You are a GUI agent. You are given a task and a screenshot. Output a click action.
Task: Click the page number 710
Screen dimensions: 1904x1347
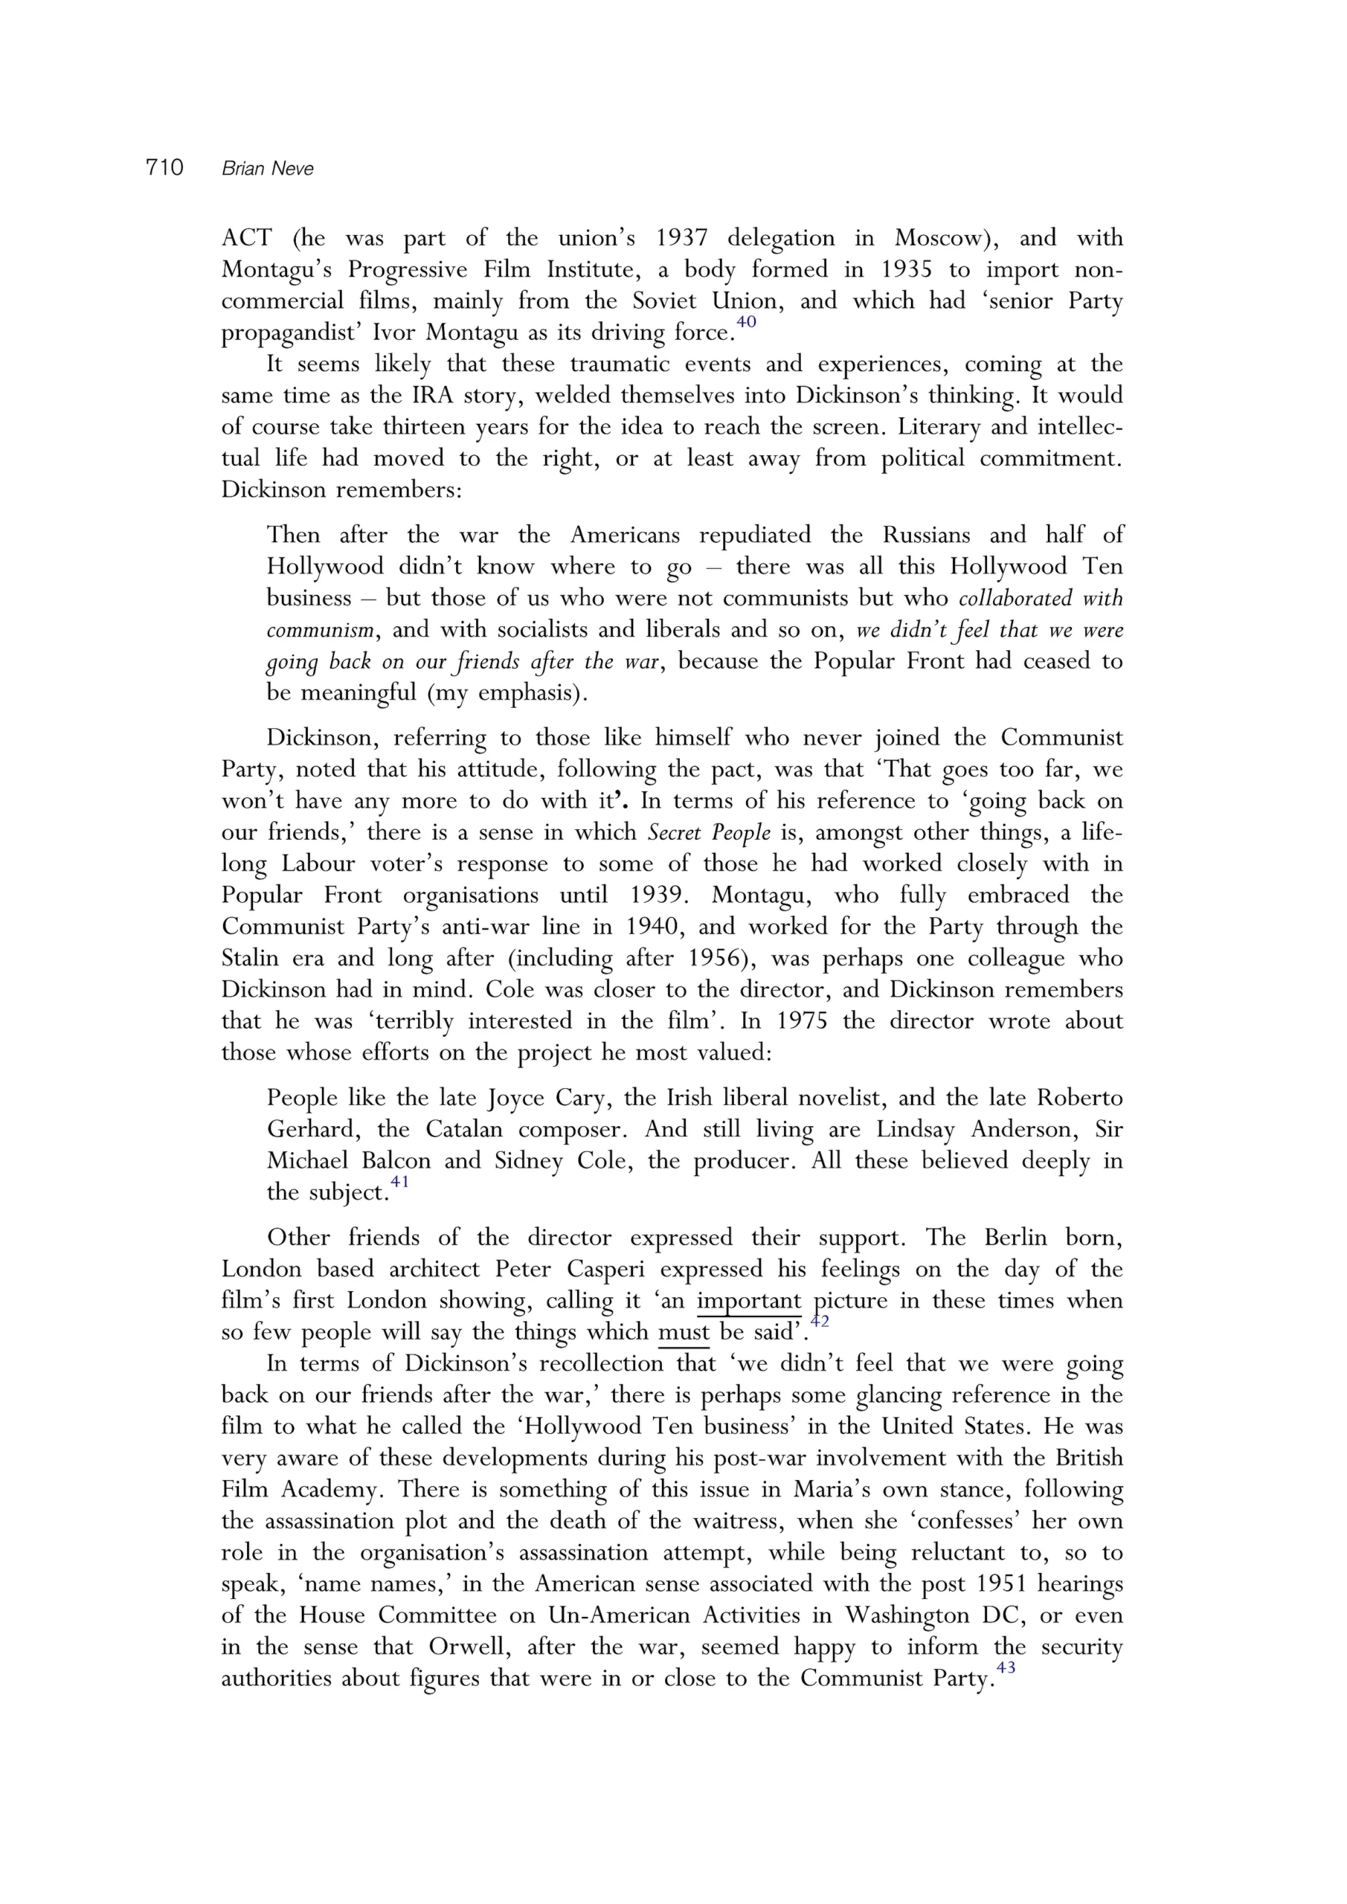tap(164, 167)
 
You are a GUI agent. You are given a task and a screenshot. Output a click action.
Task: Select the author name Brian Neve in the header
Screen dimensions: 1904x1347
tap(267, 169)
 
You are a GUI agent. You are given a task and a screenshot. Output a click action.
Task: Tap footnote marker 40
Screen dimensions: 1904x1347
tap(746, 322)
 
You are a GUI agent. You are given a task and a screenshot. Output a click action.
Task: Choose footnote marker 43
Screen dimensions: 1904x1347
tap(1006, 1668)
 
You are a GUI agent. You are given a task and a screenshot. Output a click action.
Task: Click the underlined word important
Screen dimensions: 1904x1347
tap(748, 1300)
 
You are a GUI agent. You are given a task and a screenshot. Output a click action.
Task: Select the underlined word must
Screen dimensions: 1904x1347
tap(684, 1332)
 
